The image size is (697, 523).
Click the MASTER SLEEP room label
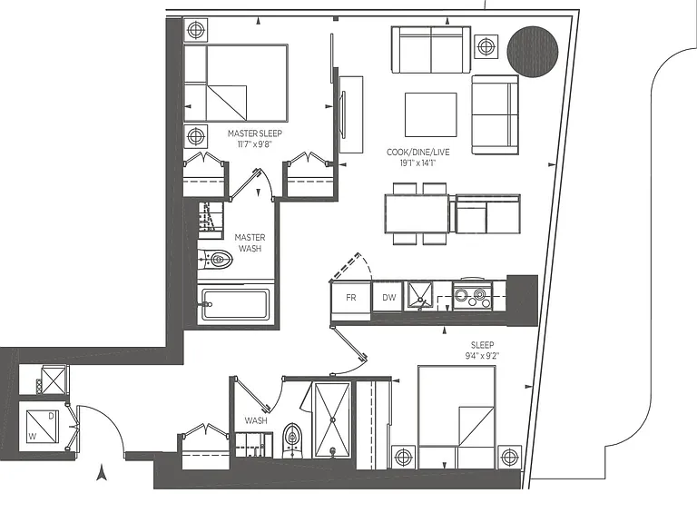[255, 133]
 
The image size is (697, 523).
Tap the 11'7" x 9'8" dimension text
[254, 144]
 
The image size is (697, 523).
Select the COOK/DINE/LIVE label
[417, 153]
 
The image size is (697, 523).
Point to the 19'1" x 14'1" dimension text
[417, 163]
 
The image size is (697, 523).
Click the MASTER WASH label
[250, 242]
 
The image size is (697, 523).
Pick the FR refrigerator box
[350, 298]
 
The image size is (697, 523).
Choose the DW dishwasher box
[388, 298]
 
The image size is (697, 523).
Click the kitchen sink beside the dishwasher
[420, 296]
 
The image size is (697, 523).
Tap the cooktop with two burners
[472, 295]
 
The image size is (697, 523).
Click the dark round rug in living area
[533, 52]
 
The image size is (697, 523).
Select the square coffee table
[431, 114]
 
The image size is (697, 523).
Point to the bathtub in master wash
[235, 305]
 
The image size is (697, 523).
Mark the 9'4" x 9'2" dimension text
[482, 355]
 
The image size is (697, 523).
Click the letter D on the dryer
[51, 416]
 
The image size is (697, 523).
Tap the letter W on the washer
[32, 437]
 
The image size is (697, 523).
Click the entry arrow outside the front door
[103, 472]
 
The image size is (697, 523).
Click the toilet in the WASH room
[291, 440]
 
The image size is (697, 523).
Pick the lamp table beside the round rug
[486, 46]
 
